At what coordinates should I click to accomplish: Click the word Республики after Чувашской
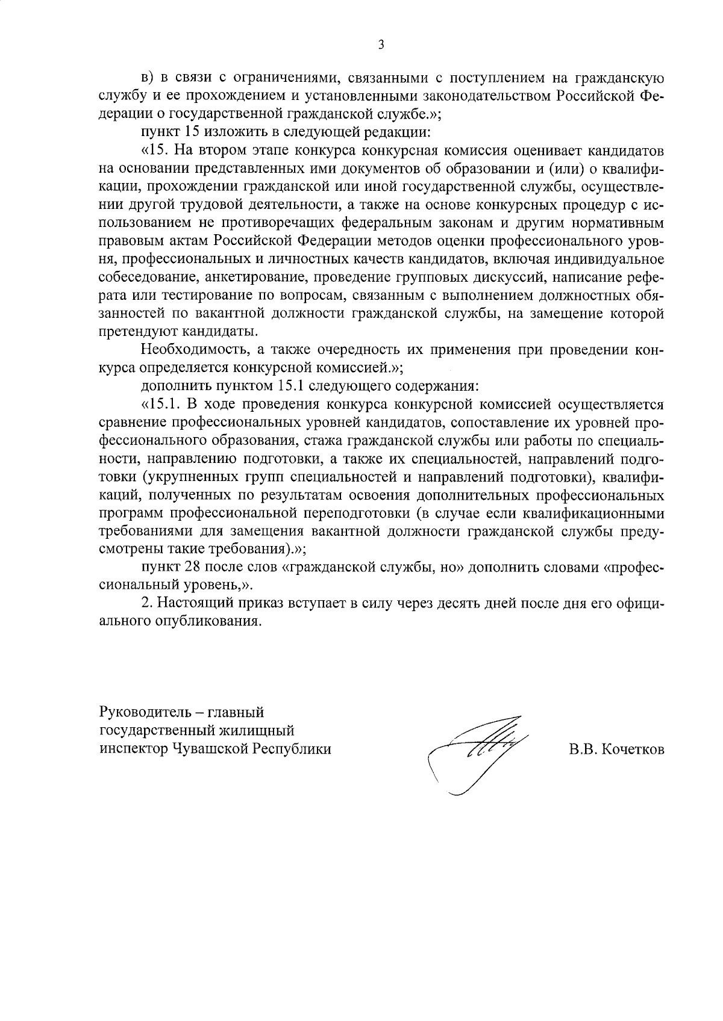[x=292, y=749]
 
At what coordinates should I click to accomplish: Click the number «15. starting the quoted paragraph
[x=155, y=149]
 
